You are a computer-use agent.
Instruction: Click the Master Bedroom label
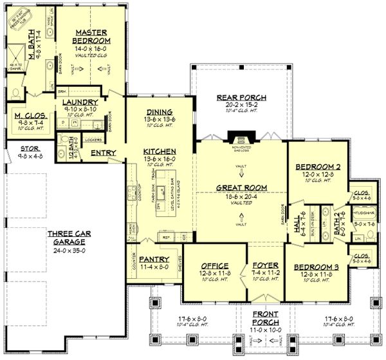click(93, 35)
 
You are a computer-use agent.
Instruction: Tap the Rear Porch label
click(241, 98)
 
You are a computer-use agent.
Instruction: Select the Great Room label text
click(241, 188)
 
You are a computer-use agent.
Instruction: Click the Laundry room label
click(80, 102)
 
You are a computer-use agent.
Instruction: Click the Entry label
click(103, 153)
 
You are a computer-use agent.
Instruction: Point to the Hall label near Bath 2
click(297, 219)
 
